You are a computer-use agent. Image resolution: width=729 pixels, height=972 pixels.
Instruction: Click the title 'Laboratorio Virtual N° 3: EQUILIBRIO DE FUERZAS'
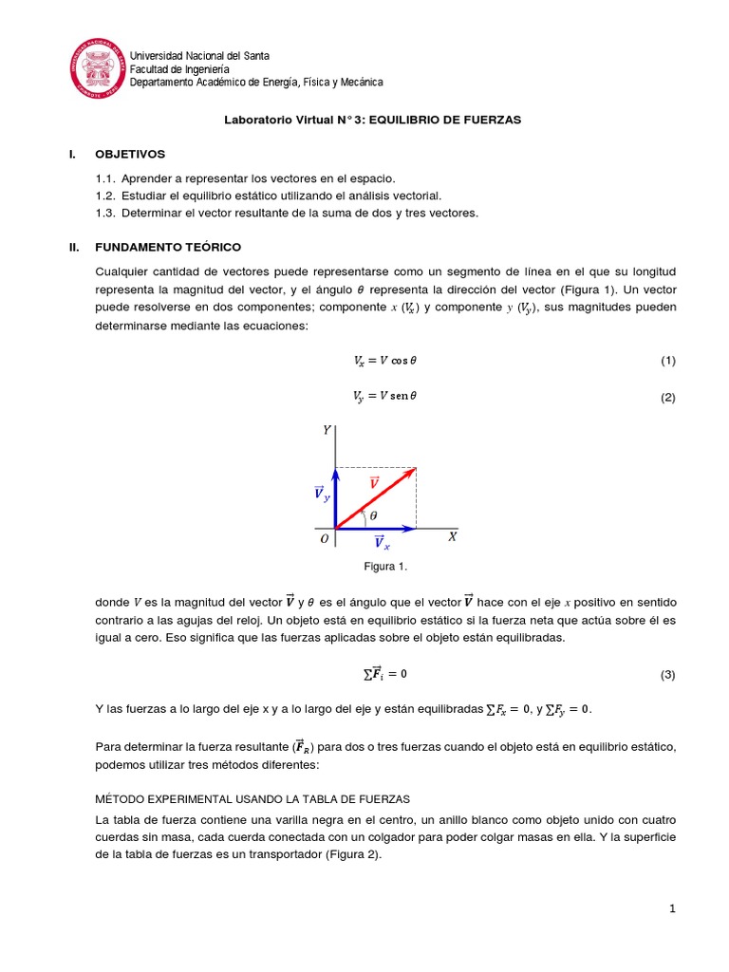point(372,121)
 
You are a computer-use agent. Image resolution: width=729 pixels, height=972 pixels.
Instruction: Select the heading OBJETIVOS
point(130,153)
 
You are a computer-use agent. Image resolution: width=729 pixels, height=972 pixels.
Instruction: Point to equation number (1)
point(667,361)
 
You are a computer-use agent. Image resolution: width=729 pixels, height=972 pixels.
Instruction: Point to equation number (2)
point(667,398)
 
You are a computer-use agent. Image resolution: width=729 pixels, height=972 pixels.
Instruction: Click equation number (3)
point(667,675)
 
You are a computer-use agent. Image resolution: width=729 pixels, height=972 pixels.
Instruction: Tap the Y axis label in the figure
point(327,430)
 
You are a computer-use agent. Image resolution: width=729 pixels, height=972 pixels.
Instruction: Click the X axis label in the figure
point(452,536)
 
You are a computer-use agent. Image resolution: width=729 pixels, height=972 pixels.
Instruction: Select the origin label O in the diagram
point(324,538)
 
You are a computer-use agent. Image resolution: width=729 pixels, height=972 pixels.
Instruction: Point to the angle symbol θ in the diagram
point(373,515)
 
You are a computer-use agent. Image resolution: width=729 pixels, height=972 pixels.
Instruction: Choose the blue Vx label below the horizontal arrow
point(381,543)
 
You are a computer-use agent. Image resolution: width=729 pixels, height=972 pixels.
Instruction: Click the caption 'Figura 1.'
point(385,567)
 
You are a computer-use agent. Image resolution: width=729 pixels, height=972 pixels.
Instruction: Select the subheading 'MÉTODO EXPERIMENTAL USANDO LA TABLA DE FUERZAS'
point(252,797)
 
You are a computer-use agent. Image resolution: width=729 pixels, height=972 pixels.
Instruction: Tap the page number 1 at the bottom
point(672,908)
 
